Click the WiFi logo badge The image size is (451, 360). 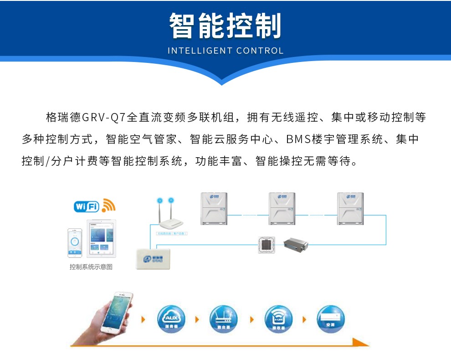click(87, 206)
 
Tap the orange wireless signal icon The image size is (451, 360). click(108, 205)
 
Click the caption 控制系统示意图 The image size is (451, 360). click(91, 267)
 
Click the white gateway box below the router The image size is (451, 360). click(153, 259)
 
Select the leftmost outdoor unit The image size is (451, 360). click(215, 209)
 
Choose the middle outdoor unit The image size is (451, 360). click(282, 209)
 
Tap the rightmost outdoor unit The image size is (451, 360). click(350, 209)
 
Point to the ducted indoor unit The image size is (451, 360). click(297, 244)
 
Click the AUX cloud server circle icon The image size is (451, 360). click(171, 319)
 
